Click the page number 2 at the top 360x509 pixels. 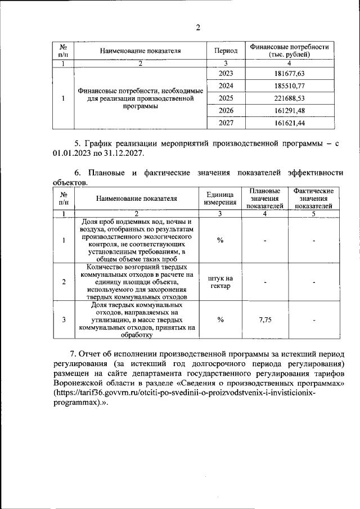(x=197, y=28)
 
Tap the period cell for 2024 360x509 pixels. (x=225, y=86)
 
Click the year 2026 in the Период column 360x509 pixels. (x=225, y=110)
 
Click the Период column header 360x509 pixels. (x=225, y=51)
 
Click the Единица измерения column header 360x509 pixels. (x=220, y=198)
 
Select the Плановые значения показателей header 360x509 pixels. (x=264, y=198)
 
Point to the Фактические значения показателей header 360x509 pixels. (x=314, y=198)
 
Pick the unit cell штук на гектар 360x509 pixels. (x=220, y=282)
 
